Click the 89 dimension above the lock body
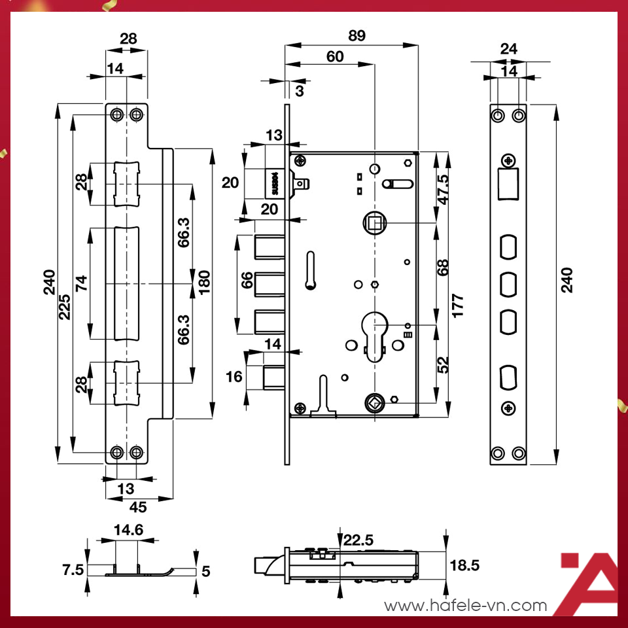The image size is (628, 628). tap(357, 36)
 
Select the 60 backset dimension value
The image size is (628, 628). tap(335, 57)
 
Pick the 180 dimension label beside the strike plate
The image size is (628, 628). tap(204, 285)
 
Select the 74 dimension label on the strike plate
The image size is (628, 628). tap(81, 284)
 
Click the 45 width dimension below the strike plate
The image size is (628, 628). tap(137, 506)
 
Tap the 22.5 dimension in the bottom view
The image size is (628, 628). tap(358, 540)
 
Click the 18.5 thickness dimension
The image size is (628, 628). tap(465, 565)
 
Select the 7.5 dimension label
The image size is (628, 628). tap(73, 570)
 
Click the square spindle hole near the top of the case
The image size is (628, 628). tap(374, 224)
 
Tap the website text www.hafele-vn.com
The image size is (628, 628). tap(466, 606)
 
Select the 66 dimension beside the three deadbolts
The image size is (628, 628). tap(247, 282)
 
